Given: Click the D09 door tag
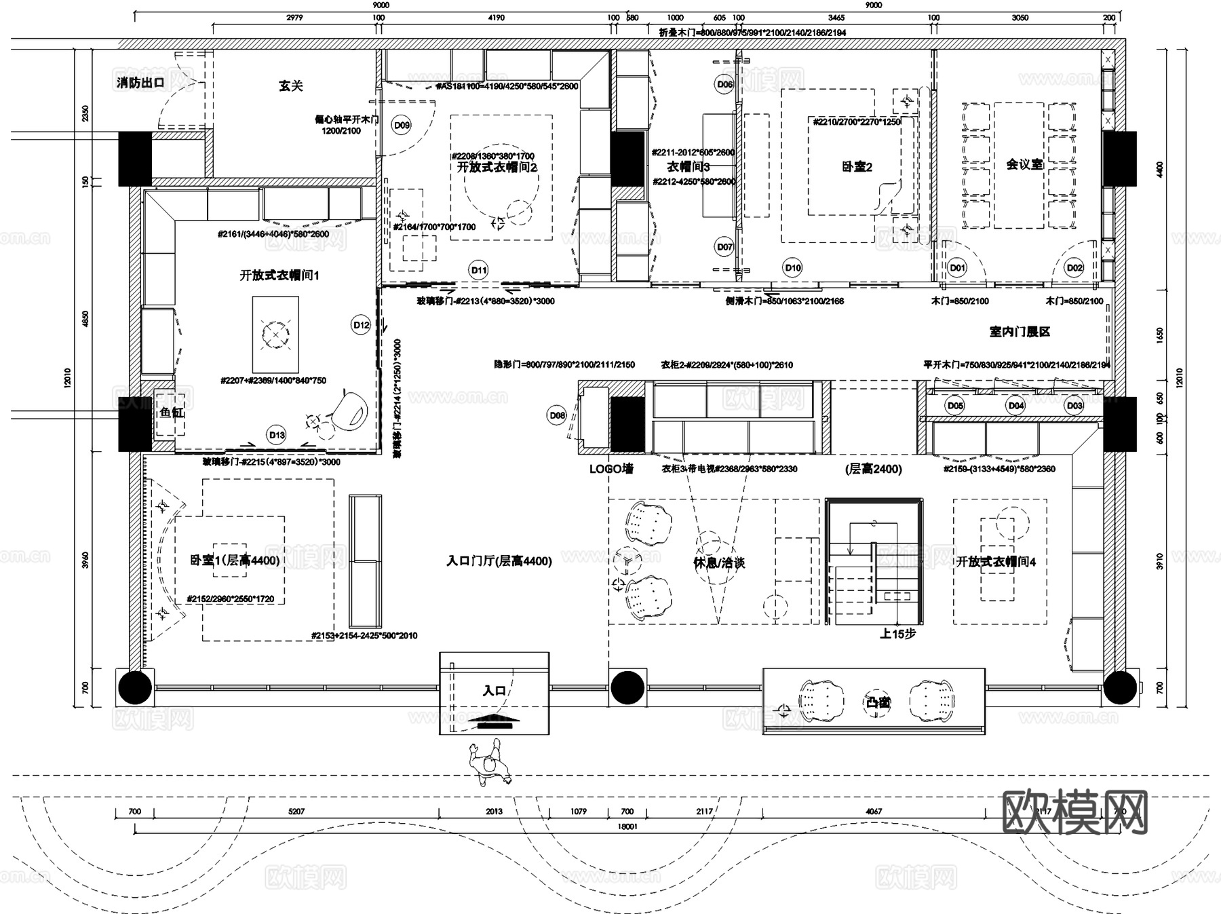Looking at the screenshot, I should click(402, 125).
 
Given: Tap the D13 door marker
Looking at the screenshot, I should click(277, 435).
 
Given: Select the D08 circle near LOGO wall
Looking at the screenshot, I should click(557, 415).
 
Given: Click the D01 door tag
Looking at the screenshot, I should click(957, 267).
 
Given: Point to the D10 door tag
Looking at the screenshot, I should click(792, 267).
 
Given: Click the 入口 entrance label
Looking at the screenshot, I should click(495, 691).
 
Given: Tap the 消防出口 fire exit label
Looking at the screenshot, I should click(140, 83).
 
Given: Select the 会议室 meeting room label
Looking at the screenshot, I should click(1024, 164).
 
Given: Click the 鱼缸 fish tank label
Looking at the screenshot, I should click(171, 412).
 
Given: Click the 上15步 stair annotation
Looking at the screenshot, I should click(897, 634).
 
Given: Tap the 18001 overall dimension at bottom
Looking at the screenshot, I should click(627, 826).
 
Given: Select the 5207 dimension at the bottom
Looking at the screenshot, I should click(296, 811).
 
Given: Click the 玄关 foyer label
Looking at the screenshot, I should click(290, 86).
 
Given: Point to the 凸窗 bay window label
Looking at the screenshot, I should click(878, 702).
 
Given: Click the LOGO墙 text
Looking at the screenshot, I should click(611, 469).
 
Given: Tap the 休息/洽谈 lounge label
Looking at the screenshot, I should click(719, 563).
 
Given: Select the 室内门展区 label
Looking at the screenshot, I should click(1020, 332).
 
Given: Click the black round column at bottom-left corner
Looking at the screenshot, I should click(135, 687).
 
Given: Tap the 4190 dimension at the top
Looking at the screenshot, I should click(496, 18).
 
